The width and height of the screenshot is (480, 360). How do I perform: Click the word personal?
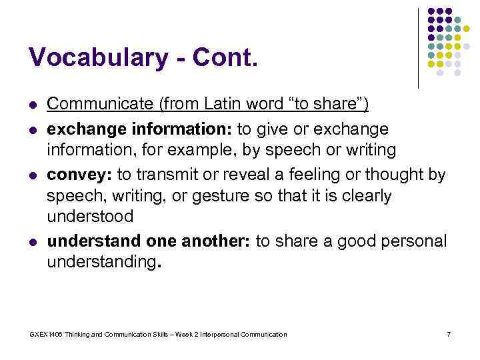[411, 241]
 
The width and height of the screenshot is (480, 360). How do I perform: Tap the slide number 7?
[449, 334]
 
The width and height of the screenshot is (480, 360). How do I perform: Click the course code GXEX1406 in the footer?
[44, 334]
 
